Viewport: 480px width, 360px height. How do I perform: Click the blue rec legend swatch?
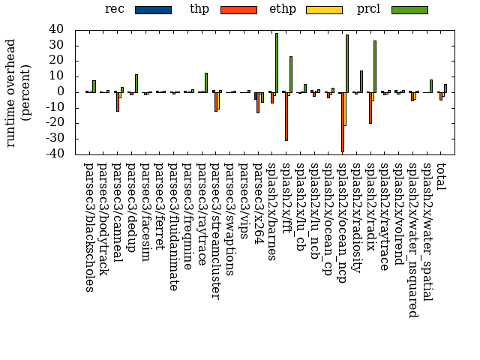[x=153, y=10]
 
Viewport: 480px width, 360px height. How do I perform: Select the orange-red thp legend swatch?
[x=238, y=10]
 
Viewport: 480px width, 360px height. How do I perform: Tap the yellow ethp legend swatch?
[x=324, y=10]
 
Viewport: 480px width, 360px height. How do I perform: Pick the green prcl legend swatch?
[x=409, y=10]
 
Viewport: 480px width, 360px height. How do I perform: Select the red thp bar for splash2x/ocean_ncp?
[x=342, y=121]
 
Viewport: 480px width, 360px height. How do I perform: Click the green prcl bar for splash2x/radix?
[x=375, y=67]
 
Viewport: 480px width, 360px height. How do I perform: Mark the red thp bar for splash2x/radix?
[x=370, y=107]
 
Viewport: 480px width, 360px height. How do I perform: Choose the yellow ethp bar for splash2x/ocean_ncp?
[x=344, y=109]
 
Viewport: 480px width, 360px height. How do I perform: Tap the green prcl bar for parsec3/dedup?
[x=136, y=83]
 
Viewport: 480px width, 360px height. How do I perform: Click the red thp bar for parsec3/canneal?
[x=117, y=101]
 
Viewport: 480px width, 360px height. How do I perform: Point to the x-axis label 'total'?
[x=441, y=175]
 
